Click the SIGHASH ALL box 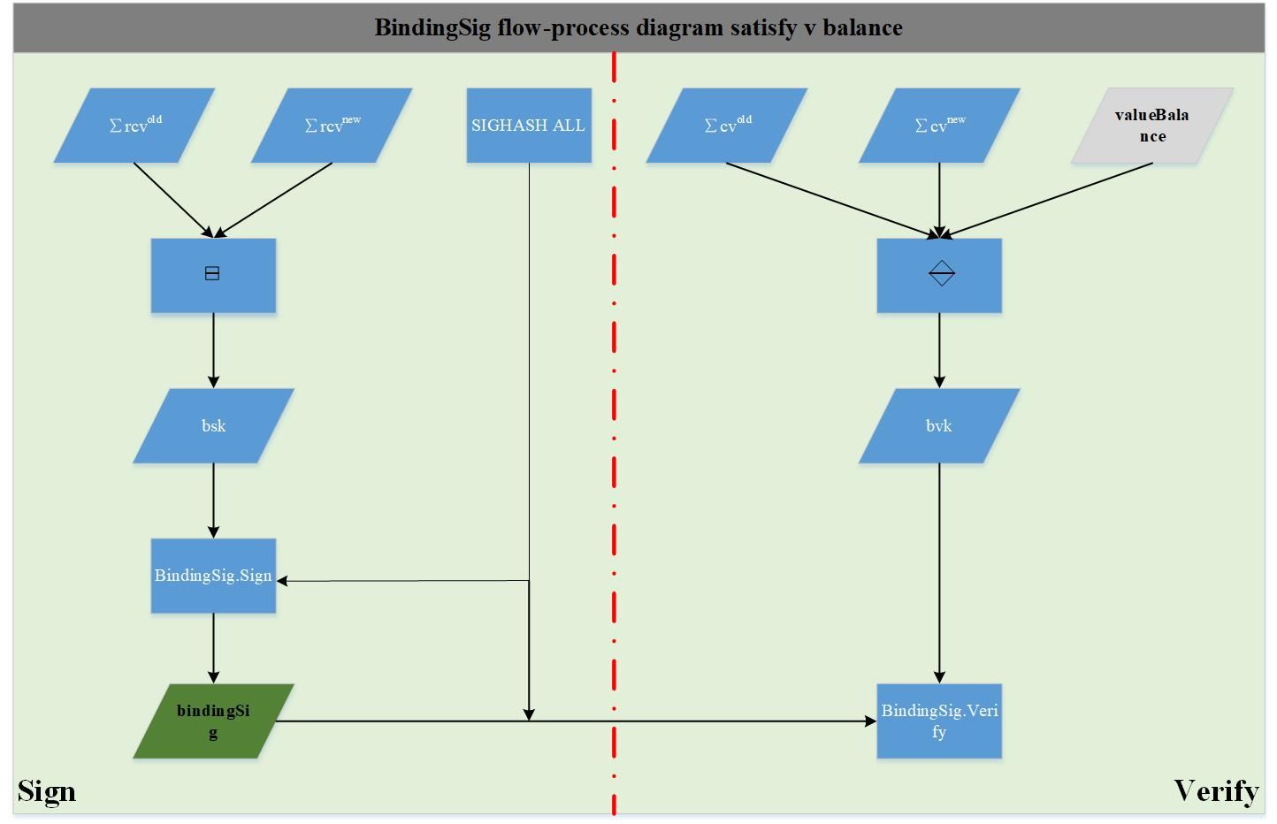(529, 126)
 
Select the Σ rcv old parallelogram (134, 126)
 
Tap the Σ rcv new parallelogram (332, 126)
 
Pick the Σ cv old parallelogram (727, 126)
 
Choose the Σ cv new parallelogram (939, 126)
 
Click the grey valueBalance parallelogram (1152, 126)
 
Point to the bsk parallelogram (214, 425)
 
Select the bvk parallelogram (939, 425)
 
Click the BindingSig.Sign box (214, 576)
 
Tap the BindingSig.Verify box (939, 721)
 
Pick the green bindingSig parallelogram (214, 721)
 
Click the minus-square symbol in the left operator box (212, 274)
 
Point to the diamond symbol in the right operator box (942, 273)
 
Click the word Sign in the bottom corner (47, 792)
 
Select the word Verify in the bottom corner (1216, 792)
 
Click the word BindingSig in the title (432, 28)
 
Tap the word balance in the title (862, 27)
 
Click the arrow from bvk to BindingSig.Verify (939, 573)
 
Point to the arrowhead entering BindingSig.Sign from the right (281, 581)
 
